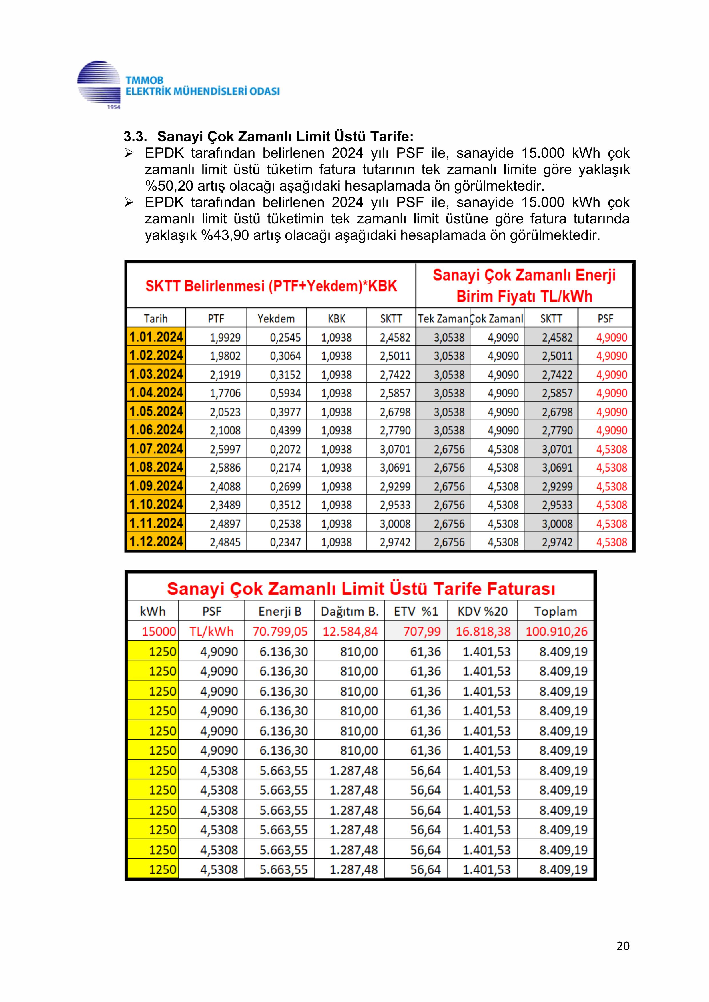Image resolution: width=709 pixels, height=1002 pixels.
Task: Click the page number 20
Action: [623, 946]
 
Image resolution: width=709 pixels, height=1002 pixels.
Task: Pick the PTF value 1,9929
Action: [225, 337]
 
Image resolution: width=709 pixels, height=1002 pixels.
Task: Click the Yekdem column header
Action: [276, 318]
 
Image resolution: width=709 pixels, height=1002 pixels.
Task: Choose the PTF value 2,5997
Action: [225, 449]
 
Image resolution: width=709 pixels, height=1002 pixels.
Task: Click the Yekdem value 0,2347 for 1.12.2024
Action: [285, 542]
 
